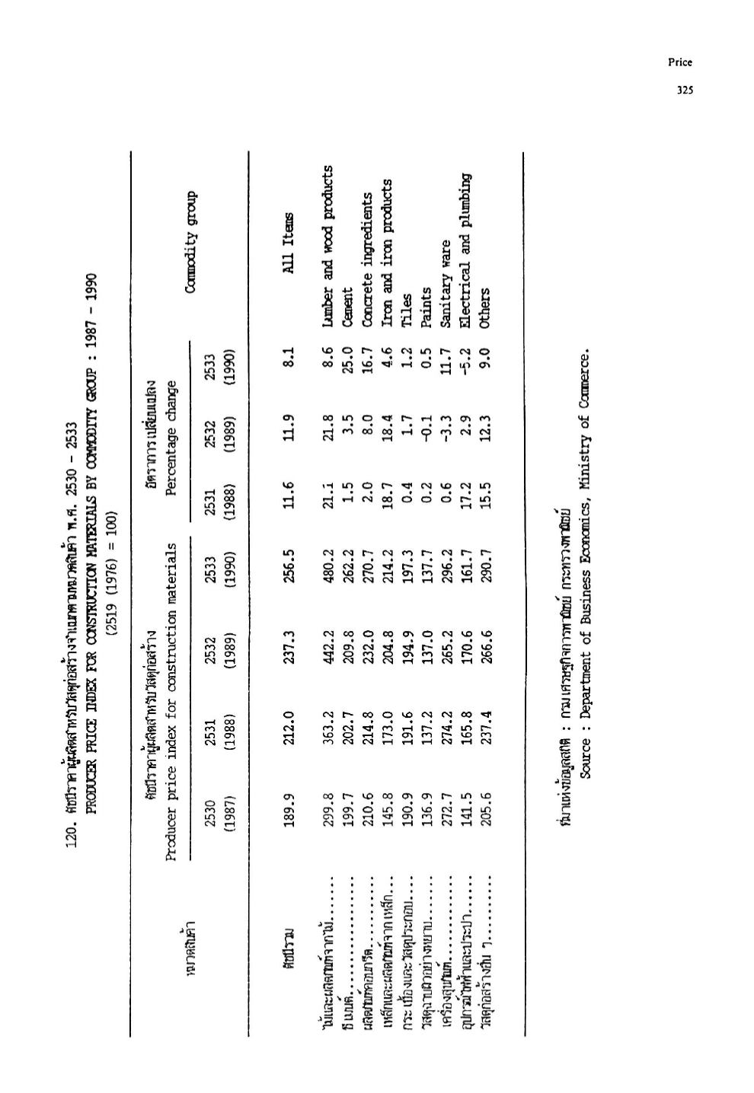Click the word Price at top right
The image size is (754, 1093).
pos(680,63)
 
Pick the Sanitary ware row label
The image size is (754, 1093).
pos(446,272)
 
